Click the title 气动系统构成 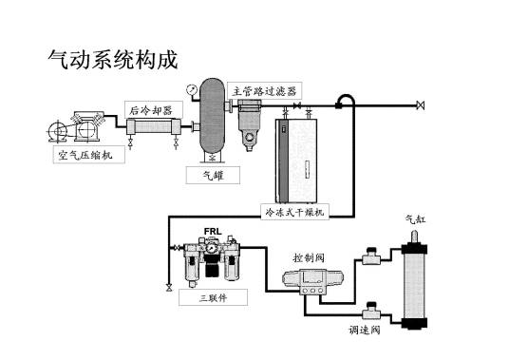[112, 60]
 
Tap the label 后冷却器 [149, 110]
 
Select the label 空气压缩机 [87, 156]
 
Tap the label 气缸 [415, 220]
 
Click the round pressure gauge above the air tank [194, 88]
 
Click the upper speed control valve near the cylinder [368, 256]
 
